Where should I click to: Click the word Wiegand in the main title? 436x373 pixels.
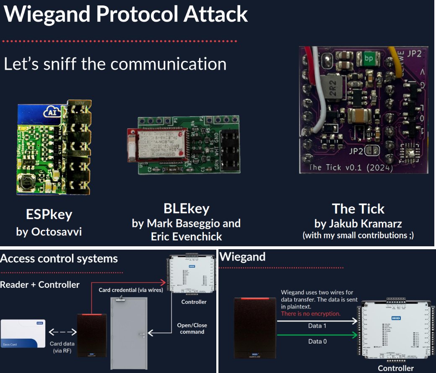(x=47, y=14)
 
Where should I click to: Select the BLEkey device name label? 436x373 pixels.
(x=186, y=209)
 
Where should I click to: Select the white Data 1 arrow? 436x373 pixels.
(x=317, y=321)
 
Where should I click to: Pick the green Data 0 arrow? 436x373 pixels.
(x=317, y=335)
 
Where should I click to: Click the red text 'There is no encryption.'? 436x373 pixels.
(x=311, y=313)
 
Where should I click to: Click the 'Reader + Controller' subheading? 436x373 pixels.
(x=40, y=284)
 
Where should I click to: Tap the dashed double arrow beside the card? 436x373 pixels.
(x=62, y=332)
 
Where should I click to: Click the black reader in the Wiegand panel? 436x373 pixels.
(x=255, y=327)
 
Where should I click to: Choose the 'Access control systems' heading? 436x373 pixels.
(x=59, y=258)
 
